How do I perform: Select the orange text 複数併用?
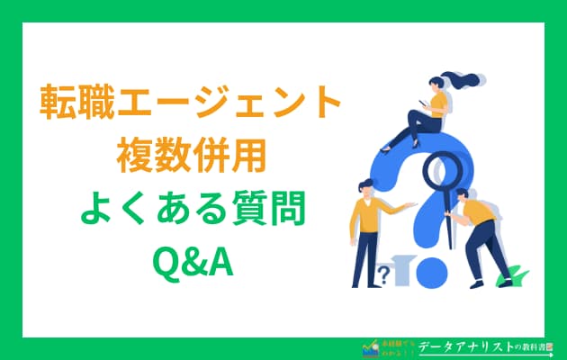pyautogui.click(x=191, y=158)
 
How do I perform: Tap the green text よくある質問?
pyautogui.click(x=191, y=211)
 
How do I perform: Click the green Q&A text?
pyautogui.click(x=191, y=263)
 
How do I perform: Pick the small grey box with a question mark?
pyautogui.click(x=386, y=274)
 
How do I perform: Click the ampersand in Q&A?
pyautogui.click(x=192, y=263)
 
